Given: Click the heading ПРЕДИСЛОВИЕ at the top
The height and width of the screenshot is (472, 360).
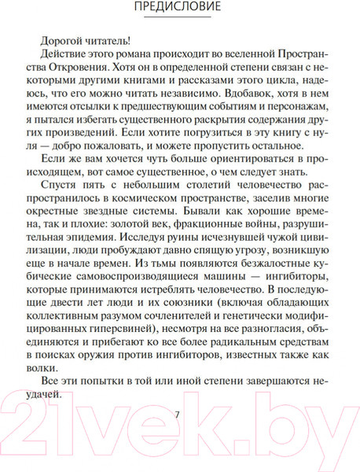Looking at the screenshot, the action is point(180,9).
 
